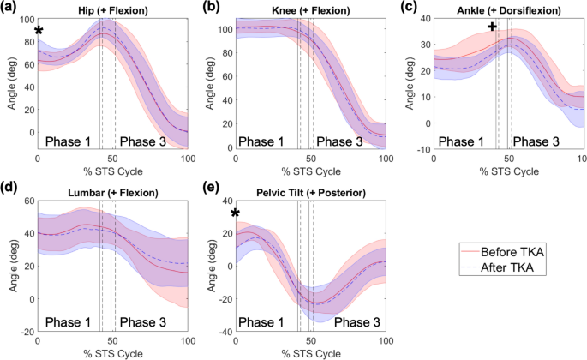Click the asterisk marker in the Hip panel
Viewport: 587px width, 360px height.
(x=39, y=32)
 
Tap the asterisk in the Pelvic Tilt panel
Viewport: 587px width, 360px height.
(x=235, y=213)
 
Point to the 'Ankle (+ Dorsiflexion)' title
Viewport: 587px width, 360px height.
(x=509, y=9)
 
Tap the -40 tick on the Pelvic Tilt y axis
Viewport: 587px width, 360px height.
(x=221, y=331)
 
